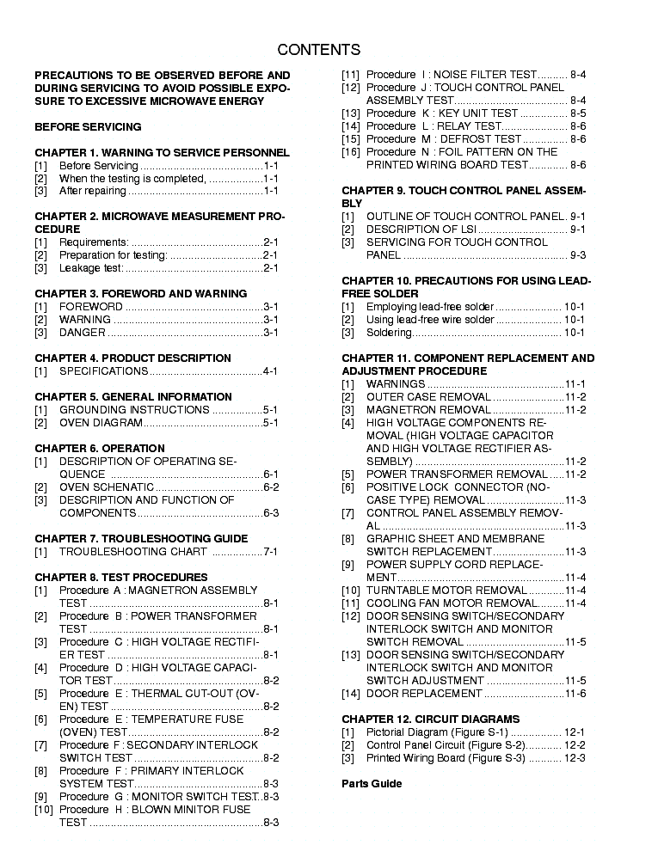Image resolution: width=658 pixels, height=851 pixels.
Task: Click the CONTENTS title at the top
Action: (319, 49)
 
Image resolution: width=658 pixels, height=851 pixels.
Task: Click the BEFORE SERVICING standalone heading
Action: (88, 126)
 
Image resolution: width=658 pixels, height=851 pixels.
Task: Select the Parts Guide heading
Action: (372, 783)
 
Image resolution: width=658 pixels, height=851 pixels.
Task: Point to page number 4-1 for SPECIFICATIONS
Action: (270, 371)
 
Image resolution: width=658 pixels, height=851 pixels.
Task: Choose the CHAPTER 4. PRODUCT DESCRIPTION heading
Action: (132, 358)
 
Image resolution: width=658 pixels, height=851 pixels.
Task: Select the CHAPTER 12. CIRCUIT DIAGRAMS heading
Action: (430, 719)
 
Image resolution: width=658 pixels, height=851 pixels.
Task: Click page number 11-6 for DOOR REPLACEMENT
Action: (575, 694)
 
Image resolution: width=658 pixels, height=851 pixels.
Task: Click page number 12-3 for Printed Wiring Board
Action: (575, 757)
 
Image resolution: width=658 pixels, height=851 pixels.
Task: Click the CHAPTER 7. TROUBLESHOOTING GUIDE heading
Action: (141, 538)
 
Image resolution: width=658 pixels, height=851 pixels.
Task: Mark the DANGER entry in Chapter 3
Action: (82, 333)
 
